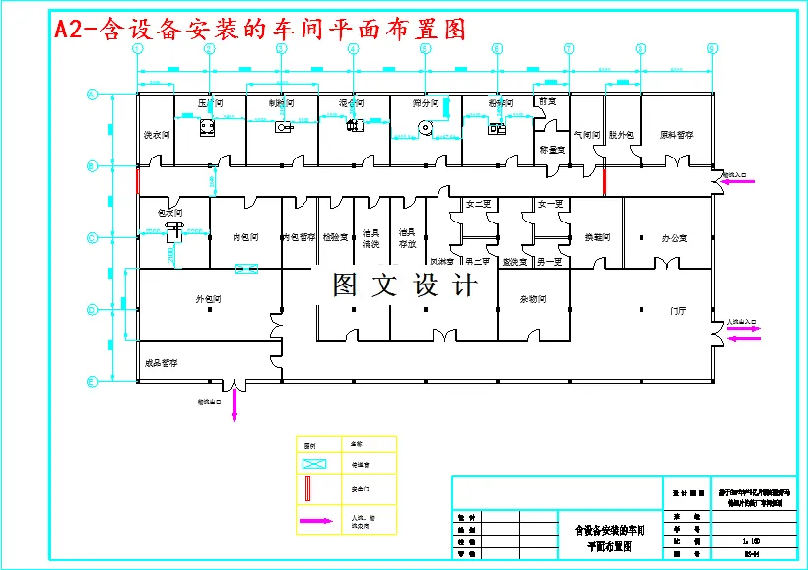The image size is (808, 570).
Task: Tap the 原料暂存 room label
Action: coord(675,134)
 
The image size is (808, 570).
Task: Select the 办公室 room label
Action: coord(674,237)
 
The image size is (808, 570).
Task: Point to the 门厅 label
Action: coord(678,310)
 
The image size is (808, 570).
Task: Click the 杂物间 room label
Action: coord(533,299)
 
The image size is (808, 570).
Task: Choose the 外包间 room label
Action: coord(208,299)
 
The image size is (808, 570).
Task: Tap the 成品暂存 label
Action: coord(161,363)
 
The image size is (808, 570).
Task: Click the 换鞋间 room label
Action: coord(598,237)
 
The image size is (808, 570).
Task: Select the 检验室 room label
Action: coord(335,237)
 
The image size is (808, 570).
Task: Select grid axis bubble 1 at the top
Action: coord(138,48)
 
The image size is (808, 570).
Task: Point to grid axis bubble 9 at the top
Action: coord(711,48)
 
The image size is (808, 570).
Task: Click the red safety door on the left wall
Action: coord(137,181)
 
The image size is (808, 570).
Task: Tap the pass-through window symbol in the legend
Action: coord(315,463)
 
